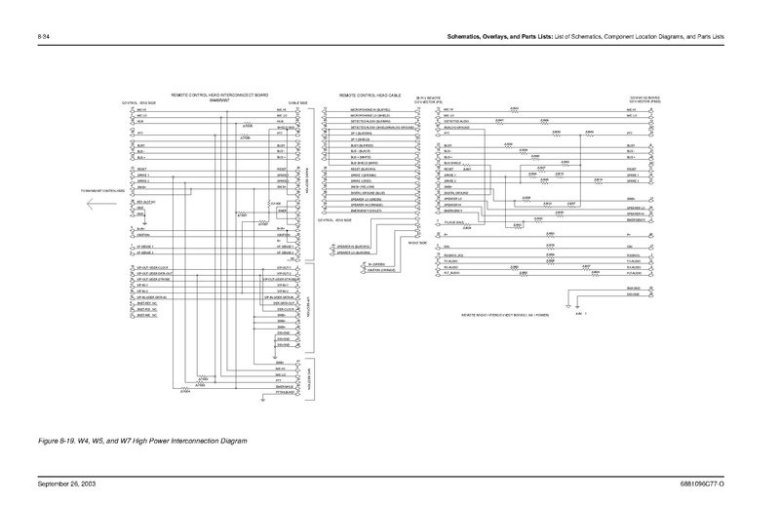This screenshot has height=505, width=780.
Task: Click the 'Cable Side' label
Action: pos(298,103)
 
